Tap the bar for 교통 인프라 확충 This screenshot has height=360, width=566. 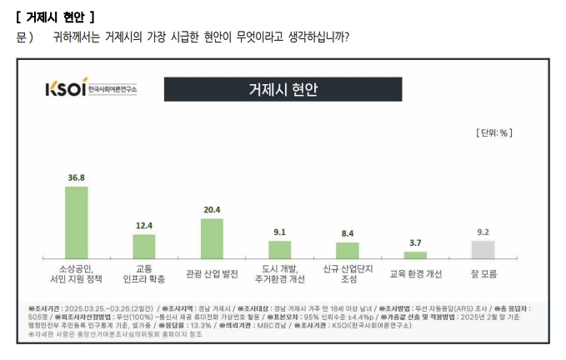click(144, 246)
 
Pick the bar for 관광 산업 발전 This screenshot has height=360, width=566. click(212, 238)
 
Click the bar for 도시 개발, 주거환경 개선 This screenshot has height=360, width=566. click(279, 249)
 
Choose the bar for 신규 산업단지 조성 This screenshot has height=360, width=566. click(347, 250)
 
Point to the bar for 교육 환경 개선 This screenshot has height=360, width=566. click(415, 255)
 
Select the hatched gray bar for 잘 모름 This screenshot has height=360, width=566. click(483, 249)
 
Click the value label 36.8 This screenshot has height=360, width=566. click(77, 177)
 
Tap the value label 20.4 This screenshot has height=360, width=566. click(212, 210)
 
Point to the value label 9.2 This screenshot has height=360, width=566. click(483, 232)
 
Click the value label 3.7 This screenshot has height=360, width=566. click(415, 243)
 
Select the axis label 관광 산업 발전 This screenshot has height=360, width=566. click(212, 273)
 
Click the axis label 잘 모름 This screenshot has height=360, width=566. click(483, 273)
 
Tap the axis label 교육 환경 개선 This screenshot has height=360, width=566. click(415, 273)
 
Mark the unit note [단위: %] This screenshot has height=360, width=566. click(493, 132)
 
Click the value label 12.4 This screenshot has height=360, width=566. click(144, 225)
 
